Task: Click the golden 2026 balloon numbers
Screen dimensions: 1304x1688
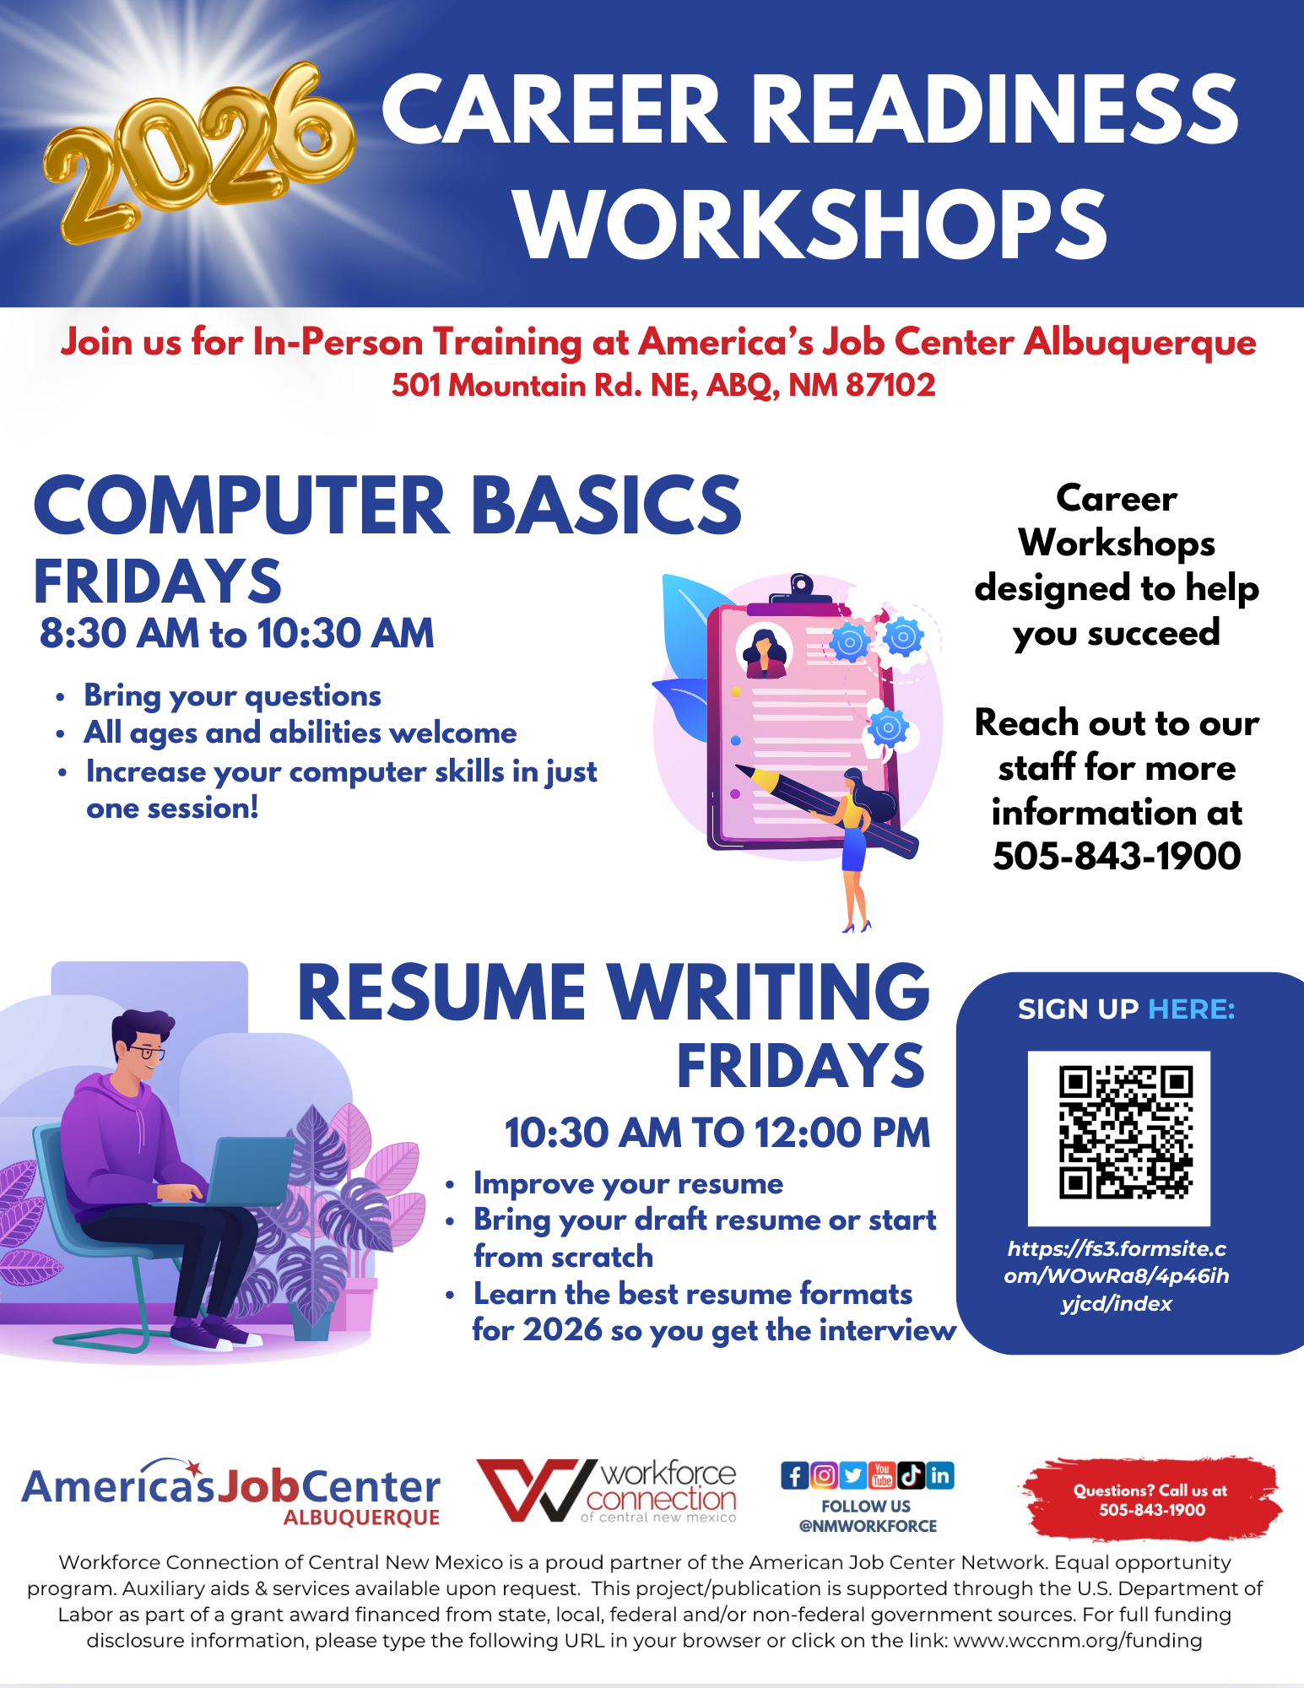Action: pos(198,152)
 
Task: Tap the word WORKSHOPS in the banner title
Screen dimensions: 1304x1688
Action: pos(811,225)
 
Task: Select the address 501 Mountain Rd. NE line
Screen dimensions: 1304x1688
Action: pos(663,385)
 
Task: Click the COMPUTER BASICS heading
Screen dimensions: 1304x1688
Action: pos(387,504)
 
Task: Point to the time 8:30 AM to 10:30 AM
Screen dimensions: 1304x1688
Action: pos(237,633)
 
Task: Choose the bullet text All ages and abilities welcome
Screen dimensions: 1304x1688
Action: pos(300,733)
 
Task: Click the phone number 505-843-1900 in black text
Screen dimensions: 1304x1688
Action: pos(1117,856)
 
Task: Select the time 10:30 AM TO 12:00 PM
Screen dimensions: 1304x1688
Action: pos(717,1133)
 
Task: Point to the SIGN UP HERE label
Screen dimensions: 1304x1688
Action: pos(1127,1009)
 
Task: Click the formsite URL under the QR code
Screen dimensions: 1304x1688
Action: pos(1117,1276)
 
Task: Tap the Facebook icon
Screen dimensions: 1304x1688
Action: pos(794,1475)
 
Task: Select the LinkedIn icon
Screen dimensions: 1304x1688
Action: pos(940,1475)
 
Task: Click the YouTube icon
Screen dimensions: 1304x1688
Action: pos(882,1475)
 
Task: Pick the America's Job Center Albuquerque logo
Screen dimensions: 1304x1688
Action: pos(231,1492)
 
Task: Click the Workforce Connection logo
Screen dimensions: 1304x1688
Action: pos(607,1491)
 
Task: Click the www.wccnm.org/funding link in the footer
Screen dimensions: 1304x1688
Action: pos(1078,1641)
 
